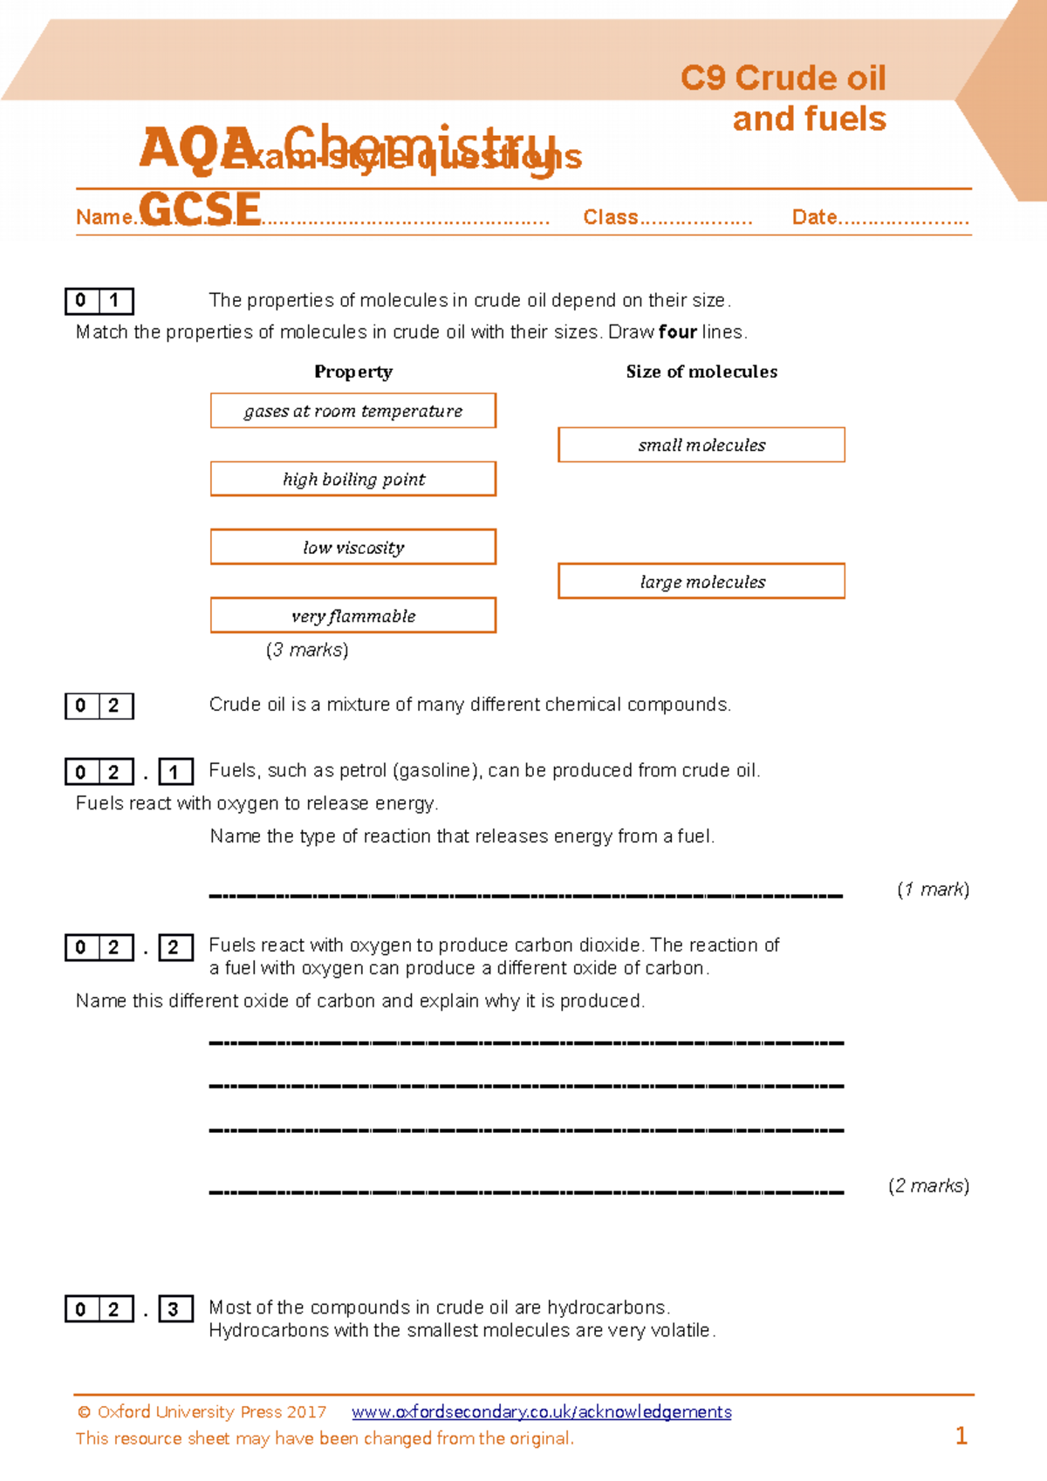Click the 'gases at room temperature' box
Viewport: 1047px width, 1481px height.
pyautogui.click(x=352, y=411)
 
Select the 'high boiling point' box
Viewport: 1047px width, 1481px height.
pyautogui.click(x=352, y=479)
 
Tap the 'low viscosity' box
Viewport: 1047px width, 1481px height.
pyautogui.click(x=352, y=547)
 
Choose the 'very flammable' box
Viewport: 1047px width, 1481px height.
pyautogui.click(x=352, y=615)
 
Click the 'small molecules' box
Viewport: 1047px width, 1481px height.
pyautogui.click(x=701, y=445)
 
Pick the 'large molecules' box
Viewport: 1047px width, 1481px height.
pyautogui.click(x=701, y=581)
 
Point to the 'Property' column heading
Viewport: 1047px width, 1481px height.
pyautogui.click(x=353, y=372)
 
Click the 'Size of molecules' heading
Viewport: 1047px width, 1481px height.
pyautogui.click(x=701, y=372)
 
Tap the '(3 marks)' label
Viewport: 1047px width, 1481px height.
pyautogui.click(x=307, y=650)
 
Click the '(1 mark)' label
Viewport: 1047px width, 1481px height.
pyautogui.click(x=933, y=889)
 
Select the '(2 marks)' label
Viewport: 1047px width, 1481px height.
pyautogui.click(x=928, y=1185)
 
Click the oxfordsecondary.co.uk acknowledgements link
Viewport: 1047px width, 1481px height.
pyautogui.click(x=541, y=1411)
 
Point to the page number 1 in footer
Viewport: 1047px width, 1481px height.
pyautogui.click(x=961, y=1436)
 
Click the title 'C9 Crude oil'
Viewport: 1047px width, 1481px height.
pyautogui.click(x=783, y=78)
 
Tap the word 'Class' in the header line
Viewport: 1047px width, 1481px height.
pyautogui.click(x=611, y=217)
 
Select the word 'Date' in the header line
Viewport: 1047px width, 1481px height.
pyautogui.click(x=814, y=217)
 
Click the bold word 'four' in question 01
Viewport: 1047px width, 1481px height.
pyautogui.click(x=677, y=332)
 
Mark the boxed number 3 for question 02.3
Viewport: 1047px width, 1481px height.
pyautogui.click(x=174, y=1309)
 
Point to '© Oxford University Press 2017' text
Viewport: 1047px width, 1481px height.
pyautogui.click(x=202, y=1411)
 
